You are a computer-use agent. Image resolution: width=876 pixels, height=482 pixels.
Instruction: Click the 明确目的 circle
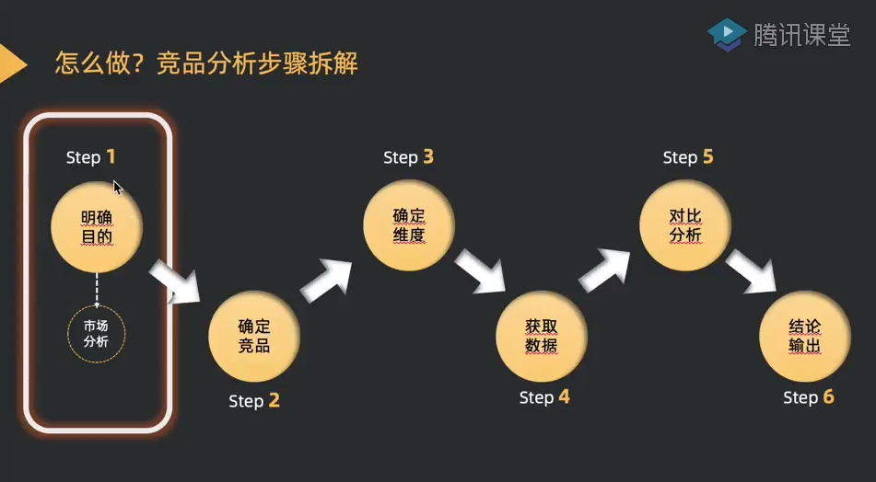(97, 227)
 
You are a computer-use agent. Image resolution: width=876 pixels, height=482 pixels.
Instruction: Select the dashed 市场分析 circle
(97, 334)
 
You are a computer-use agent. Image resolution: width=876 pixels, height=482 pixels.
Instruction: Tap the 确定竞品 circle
(254, 337)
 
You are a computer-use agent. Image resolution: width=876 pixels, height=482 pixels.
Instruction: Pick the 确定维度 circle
(409, 225)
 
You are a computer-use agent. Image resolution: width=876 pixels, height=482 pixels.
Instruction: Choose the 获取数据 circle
(542, 337)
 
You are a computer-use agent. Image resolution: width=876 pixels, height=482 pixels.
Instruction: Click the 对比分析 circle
(685, 225)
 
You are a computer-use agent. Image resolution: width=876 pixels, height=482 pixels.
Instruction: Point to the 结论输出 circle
(805, 337)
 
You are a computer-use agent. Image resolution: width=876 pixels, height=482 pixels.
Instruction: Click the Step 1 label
(91, 157)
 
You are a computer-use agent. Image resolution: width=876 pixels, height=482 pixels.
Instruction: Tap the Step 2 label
(254, 400)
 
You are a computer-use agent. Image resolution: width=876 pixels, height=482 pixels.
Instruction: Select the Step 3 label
(408, 157)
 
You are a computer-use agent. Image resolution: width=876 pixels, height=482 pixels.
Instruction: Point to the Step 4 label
(544, 397)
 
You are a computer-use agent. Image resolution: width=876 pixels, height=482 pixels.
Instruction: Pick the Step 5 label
(688, 157)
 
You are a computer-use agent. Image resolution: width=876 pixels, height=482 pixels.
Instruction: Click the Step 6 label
(809, 397)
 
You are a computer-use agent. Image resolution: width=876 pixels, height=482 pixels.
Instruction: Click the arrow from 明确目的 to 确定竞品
(176, 281)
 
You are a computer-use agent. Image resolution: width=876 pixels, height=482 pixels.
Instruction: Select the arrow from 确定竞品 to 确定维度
(327, 280)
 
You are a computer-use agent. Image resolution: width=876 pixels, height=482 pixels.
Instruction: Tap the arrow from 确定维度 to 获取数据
(481, 271)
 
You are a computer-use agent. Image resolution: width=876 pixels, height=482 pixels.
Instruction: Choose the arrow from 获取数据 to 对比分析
(605, 270)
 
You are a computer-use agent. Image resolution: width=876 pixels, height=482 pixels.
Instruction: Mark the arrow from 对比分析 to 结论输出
(752, 271)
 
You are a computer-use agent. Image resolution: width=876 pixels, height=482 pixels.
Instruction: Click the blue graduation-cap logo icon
(727, 35)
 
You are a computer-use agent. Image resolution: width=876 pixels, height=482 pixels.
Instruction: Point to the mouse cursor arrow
(117, 188)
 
